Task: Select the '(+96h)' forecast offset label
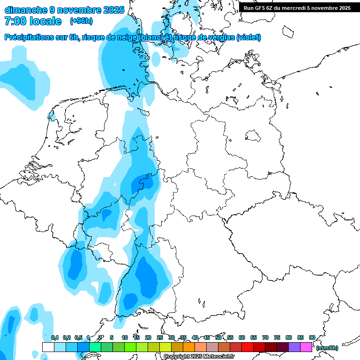coord(81,21)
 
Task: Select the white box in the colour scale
coord(48,347)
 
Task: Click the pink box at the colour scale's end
coord(306,347)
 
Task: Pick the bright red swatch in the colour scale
coord(247,347)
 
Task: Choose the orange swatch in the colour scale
coord(189,347)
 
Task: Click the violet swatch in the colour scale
coord(294,347)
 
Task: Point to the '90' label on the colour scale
coord(312,337)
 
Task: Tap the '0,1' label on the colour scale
coord(54,337)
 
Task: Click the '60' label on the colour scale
coord(242,337)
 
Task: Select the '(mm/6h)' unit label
coord(327,348)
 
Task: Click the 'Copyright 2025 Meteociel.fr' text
coord(199,357)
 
